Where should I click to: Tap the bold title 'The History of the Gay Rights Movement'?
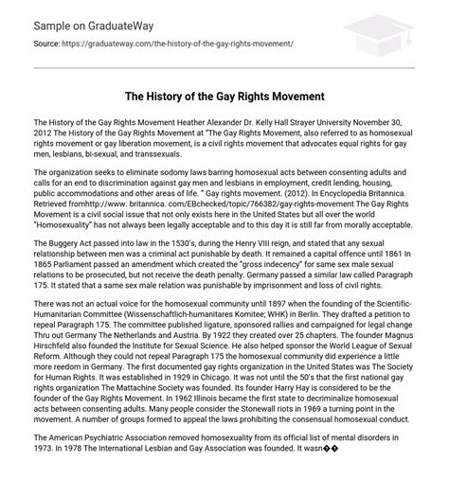(x=224, y=97)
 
